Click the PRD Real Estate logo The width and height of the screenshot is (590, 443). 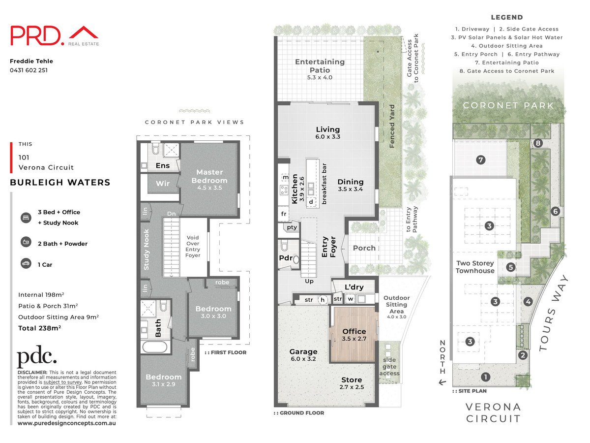pos(54,36)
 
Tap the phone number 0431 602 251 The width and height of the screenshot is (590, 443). pos(29,70)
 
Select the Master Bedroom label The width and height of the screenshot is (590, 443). pos(210,176)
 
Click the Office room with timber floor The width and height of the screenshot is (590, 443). pos(354,335)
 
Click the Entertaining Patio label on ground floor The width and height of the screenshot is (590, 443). pos(320,66)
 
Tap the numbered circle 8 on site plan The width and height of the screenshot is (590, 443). pos(538,143)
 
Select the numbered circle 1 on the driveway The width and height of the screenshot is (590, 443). pos(486,377)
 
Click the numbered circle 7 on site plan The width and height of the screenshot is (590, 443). pos(480,159)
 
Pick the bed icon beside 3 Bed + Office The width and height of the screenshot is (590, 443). pos(25,218)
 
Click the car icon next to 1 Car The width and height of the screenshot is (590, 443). pos(25,264)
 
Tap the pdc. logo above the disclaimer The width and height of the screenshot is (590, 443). pos(37,358)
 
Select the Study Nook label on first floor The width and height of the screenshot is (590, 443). pos(146,250)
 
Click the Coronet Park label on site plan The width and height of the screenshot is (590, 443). pos(508,105)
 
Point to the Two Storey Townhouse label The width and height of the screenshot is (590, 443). pos(474,267)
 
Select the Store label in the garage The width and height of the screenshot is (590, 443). pos(352,380)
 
